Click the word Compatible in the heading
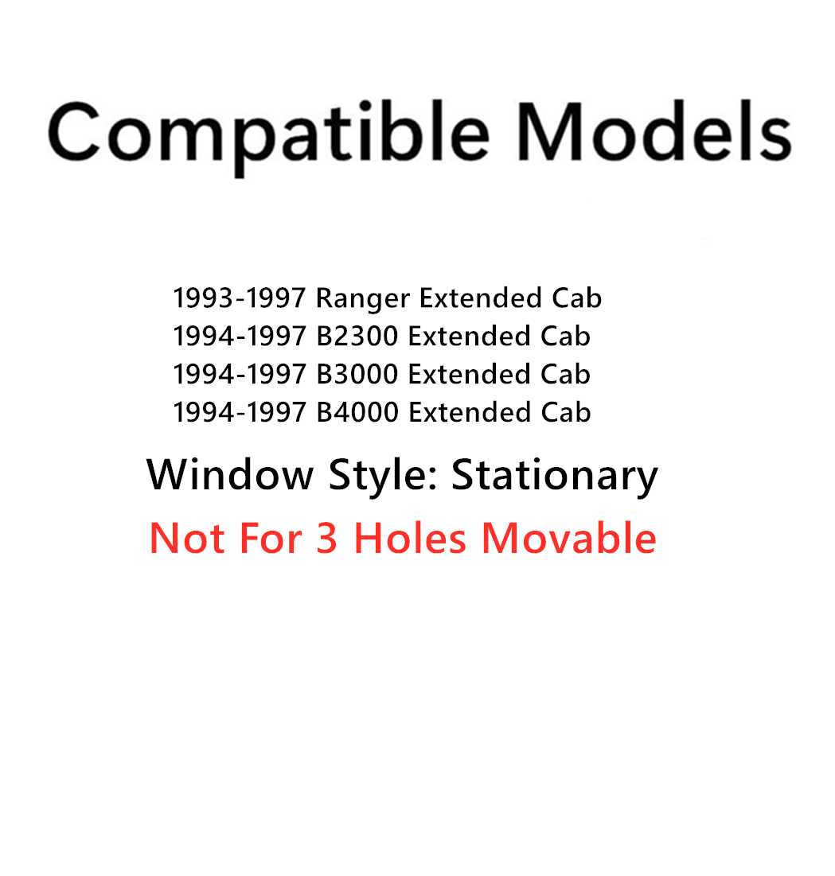tap(267, 134)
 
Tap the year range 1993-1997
tap(239, 298)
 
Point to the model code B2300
tap(357, 337)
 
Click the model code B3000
tap(357, 374)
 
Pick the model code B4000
tap(357, 412)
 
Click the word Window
tap(230, 475)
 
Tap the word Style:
tap(381, 476)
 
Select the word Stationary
tap(555, 476)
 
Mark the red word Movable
tap(568, 538)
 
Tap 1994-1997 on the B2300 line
tap(239, 337)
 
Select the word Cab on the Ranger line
tap(576, 298)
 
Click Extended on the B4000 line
tap(469, 412)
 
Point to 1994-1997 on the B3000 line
tap(239, 374)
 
